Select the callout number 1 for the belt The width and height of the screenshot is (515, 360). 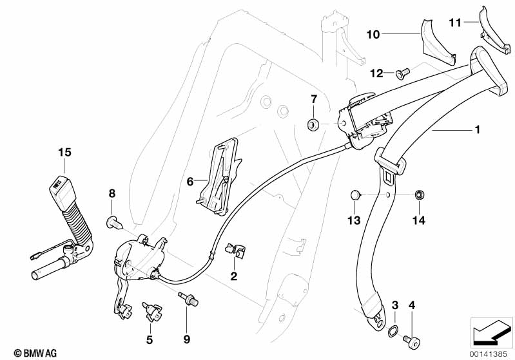coord(477,130)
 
